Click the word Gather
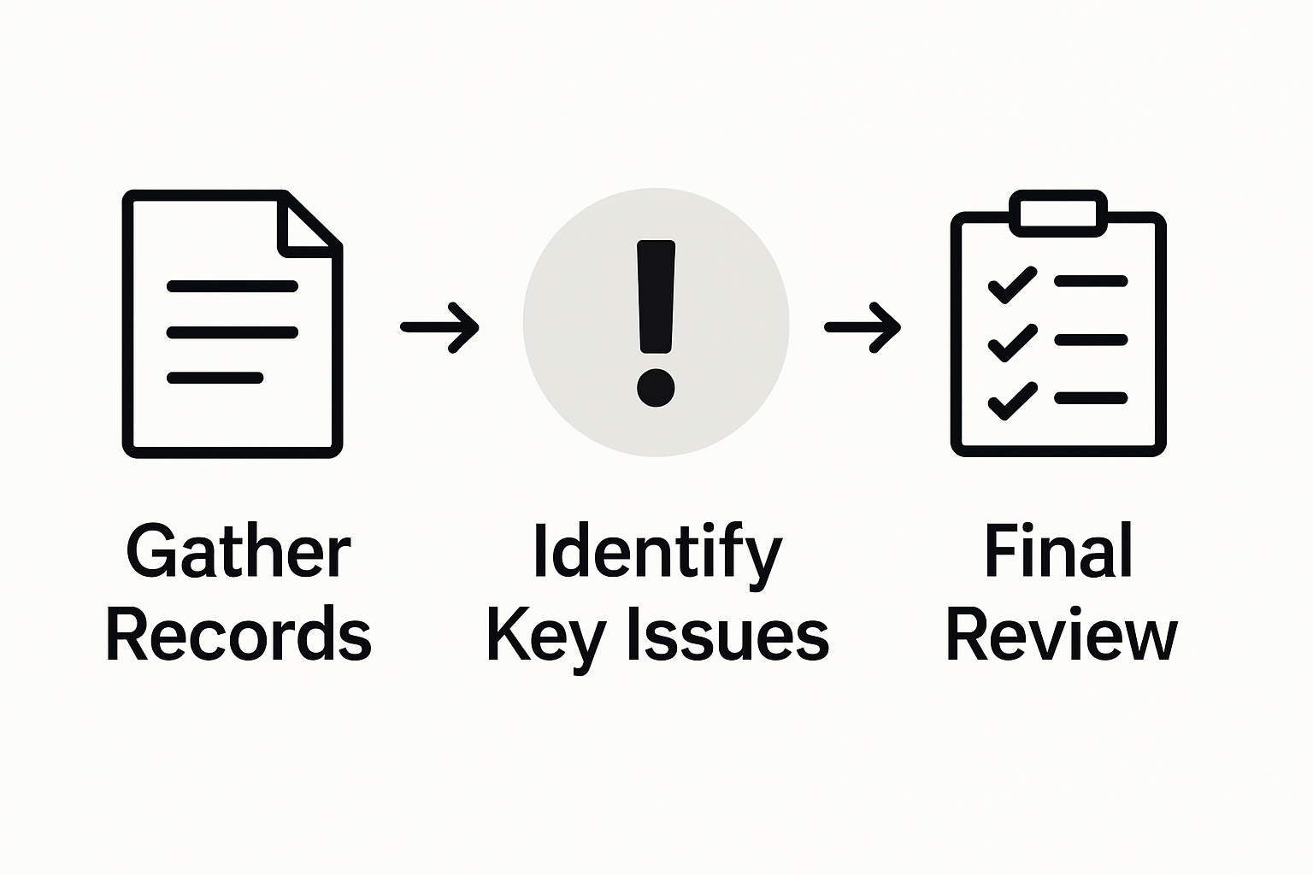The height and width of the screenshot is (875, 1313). click(238, 552)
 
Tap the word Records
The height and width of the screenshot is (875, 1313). click(238, 634)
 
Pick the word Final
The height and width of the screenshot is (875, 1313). click(1058, 552)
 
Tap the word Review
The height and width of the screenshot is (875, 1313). click(1061, 634)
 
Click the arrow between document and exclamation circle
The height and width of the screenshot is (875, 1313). click(440, 326)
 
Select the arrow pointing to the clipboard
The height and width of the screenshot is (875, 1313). click(863, 326)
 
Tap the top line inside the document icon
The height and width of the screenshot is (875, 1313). click(233, 286)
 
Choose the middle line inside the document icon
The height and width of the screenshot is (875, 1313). click(233, 332)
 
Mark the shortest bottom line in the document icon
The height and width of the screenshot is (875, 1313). click(215, 377)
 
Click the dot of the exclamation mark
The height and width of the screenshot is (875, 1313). click(656, 387)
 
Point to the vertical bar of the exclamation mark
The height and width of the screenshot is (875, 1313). click(656, 296)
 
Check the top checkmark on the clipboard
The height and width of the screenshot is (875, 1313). click(1012, 285)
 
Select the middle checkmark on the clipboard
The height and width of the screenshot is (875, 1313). click(1012, 343)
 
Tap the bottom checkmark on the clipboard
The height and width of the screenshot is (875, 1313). click(1012, 401)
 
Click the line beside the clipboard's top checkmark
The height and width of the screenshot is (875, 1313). click(1091, 280)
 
